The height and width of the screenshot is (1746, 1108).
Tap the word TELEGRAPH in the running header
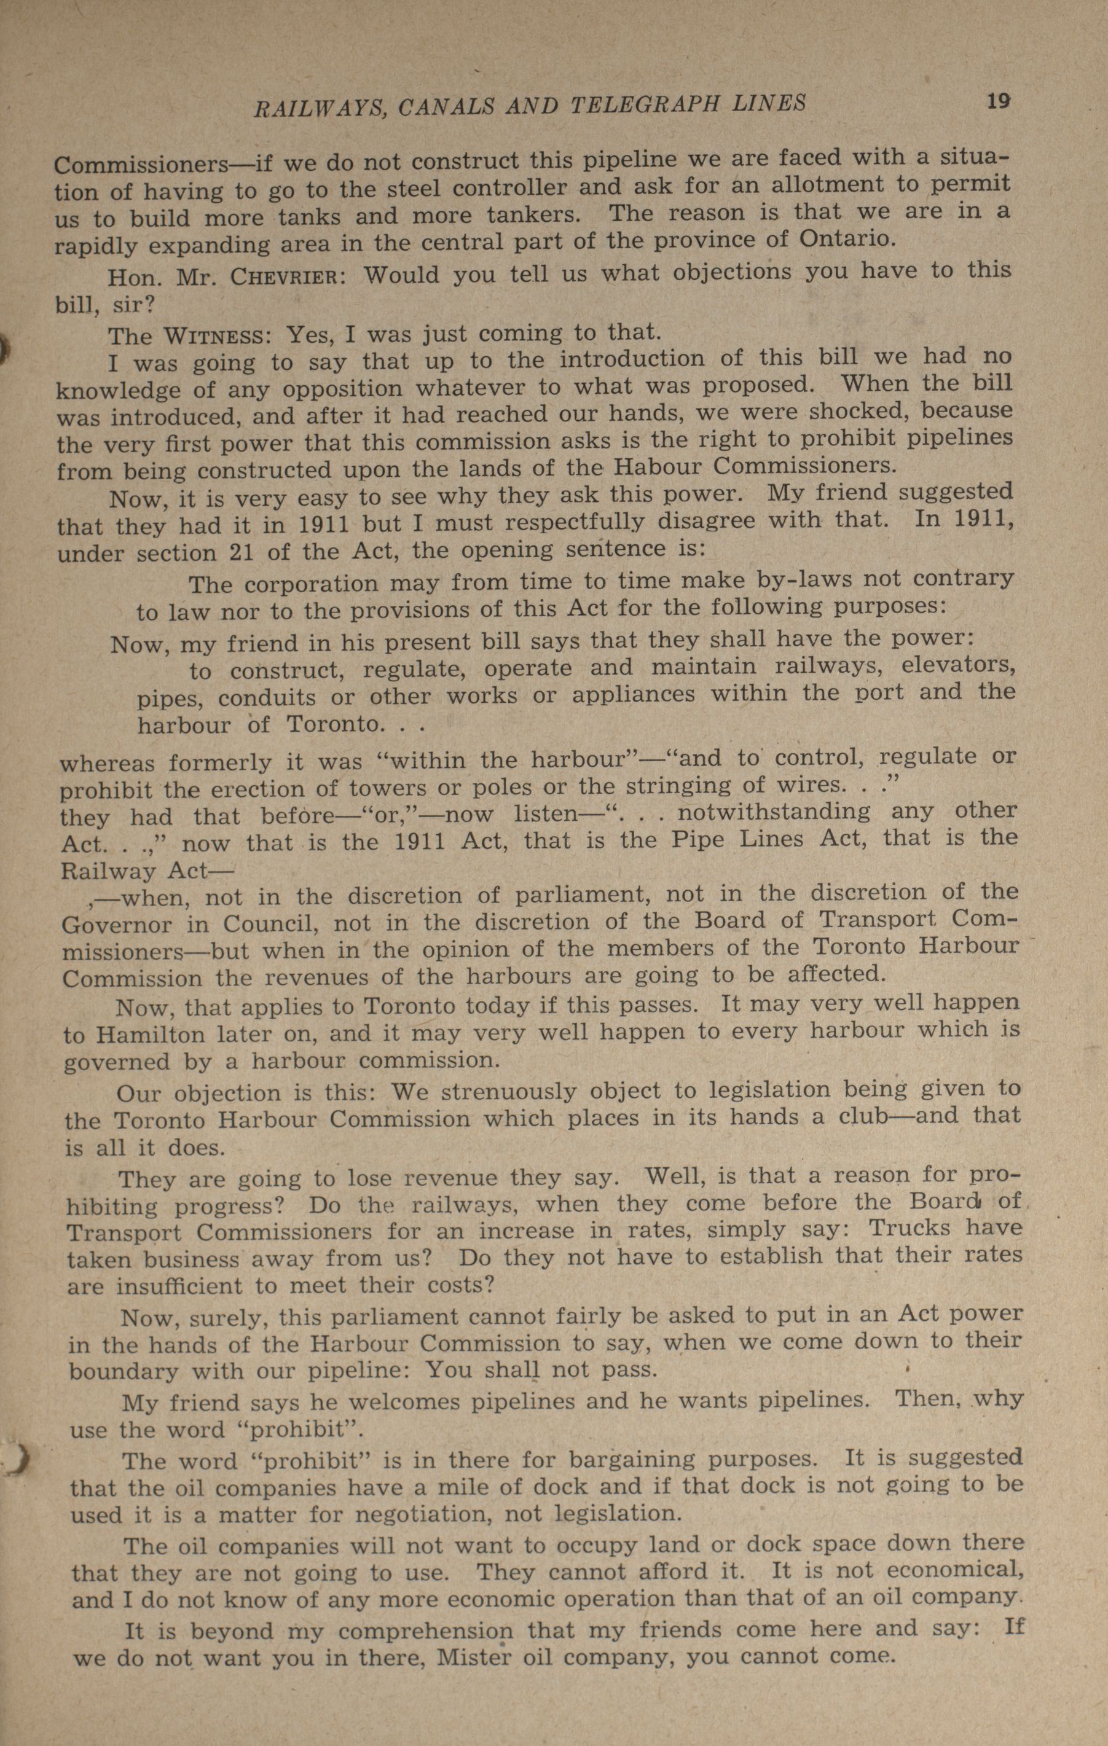click(x=645, y=105)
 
